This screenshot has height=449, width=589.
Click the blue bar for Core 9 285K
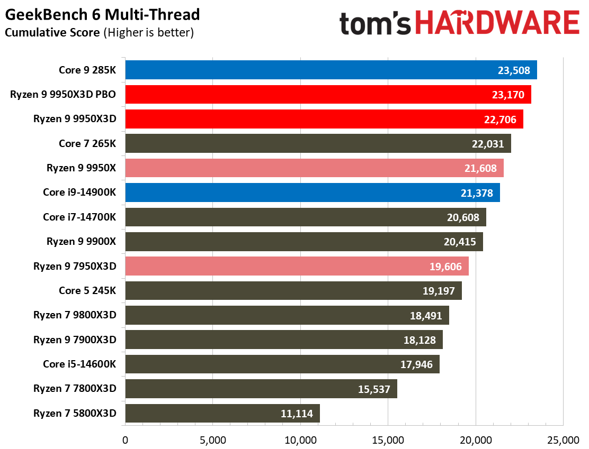[331, 70]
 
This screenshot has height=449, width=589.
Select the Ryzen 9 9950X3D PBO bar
[328, 95]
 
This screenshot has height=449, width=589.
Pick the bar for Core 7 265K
[318, 143]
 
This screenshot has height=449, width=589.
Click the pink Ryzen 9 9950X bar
[314, 168]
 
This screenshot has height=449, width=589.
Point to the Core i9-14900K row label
[79, 193]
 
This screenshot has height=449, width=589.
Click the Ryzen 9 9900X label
[81, 242]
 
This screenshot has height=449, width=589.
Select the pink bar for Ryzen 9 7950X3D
[297, 266]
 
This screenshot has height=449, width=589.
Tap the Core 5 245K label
[87, 290]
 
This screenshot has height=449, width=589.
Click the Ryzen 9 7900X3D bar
[283, 340]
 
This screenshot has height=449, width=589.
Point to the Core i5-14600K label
[79, 364]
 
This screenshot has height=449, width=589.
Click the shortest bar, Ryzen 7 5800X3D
[222, 413]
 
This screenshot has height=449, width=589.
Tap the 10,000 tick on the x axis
[300, 439]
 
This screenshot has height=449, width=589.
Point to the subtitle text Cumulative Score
[52, 33]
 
